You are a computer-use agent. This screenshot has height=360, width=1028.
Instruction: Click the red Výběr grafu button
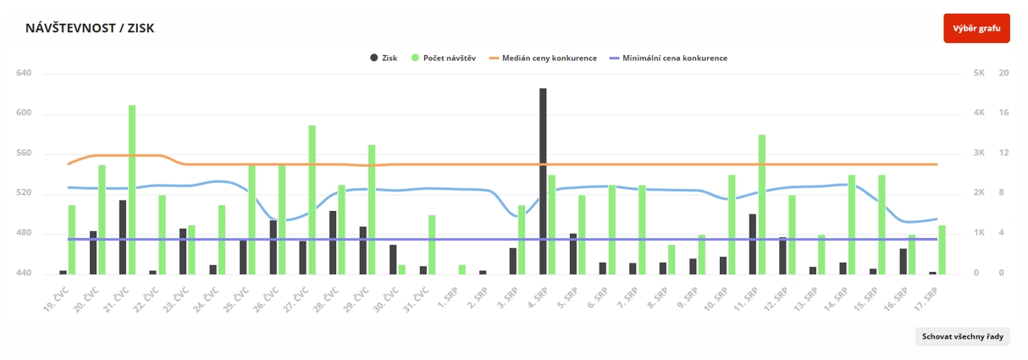point(976,29)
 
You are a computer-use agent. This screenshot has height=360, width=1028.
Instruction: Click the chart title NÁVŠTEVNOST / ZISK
point(90,29)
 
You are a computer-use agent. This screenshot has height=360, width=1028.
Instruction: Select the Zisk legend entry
point(384,58)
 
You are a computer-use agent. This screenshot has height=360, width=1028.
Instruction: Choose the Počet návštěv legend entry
point(443,58)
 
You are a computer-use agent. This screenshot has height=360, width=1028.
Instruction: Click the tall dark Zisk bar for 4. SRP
point(543,181)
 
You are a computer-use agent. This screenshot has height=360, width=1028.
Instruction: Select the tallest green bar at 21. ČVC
point(132,190)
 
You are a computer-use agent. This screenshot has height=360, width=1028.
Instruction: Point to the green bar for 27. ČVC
point(312,200)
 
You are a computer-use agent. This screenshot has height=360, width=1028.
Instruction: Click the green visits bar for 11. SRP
point(762,204)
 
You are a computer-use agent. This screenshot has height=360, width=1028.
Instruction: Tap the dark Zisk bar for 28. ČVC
point(333,242)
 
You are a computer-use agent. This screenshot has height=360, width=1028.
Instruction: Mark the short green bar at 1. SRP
point(462,269)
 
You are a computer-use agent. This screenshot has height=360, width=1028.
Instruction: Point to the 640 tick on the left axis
point(24,74)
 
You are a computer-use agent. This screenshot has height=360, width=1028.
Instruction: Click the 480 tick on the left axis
point(24,234)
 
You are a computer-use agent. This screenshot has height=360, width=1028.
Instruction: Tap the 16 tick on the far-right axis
point(1004,114)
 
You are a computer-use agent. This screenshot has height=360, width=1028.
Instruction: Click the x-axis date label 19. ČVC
point(57,301)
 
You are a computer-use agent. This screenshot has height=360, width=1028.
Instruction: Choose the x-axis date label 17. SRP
point(926,301)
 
